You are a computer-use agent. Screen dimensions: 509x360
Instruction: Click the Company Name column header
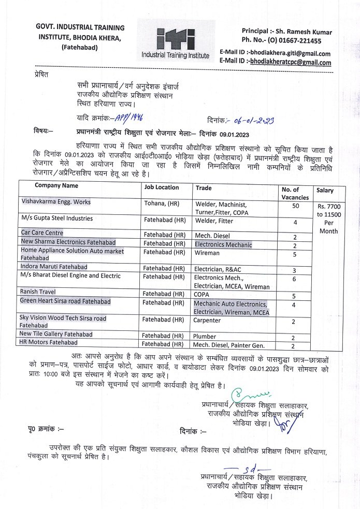[56, 185]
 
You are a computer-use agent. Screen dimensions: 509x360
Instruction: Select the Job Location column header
[162, 187]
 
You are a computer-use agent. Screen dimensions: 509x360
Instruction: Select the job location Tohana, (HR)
[162, 202]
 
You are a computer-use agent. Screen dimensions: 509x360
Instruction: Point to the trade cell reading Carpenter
[207, 321]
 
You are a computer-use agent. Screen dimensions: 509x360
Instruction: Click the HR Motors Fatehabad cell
[49, 343]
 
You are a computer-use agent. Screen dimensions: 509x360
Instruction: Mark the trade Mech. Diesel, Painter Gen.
[228, 345]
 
